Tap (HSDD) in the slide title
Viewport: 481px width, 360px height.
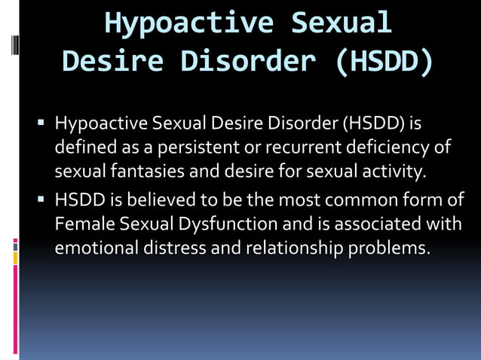(384, 61)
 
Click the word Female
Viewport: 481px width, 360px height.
(81, 224)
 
